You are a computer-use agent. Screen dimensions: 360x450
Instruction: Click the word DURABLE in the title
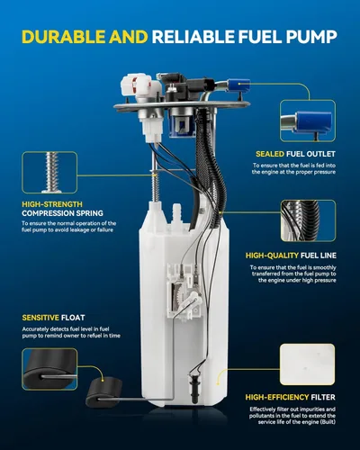(x=64, y=37)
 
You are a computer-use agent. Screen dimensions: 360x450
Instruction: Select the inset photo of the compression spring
(x=49, y=172)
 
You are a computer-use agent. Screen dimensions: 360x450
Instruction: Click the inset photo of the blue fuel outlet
(x=308, y=121)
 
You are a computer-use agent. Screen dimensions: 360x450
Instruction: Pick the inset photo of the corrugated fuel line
(x=308, y=220)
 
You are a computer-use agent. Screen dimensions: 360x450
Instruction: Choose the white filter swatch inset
(x=307, y=364)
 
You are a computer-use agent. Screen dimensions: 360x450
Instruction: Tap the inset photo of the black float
(x=49, y=369)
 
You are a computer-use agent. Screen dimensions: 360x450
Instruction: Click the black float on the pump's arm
(x=104, y=392)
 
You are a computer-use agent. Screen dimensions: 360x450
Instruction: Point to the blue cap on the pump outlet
(x=238, y=85)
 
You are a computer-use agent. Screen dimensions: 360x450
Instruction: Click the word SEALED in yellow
(x=270, y=154)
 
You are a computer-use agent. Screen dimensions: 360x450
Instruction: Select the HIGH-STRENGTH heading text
(x=52, y=204)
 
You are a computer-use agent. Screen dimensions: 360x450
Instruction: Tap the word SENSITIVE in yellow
(x=40, y=318)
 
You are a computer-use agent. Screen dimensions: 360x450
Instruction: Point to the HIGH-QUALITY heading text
(x=272, y=256)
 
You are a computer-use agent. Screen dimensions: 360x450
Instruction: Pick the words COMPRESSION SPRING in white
(x=62, y=213)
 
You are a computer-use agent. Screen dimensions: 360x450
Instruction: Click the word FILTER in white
(x=323, y=397)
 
